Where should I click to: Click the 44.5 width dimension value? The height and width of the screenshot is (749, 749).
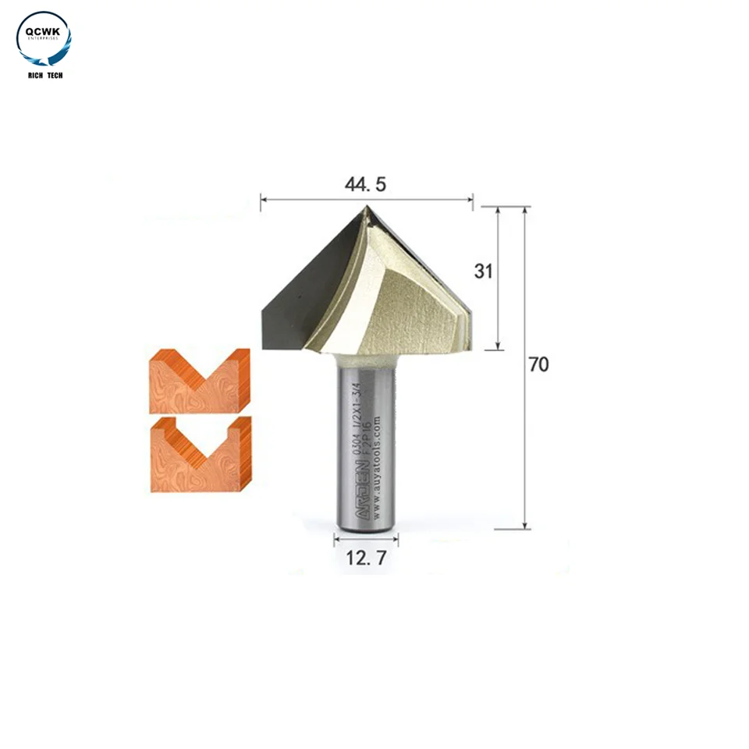click(366, 184)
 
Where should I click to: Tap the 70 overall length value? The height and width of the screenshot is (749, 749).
click(538, 364)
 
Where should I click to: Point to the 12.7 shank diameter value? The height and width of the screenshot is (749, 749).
click(366, 558)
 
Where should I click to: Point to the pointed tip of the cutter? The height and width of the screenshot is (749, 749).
click(367, 207)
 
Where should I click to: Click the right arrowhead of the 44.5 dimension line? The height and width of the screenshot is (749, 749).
click(470, 200)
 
